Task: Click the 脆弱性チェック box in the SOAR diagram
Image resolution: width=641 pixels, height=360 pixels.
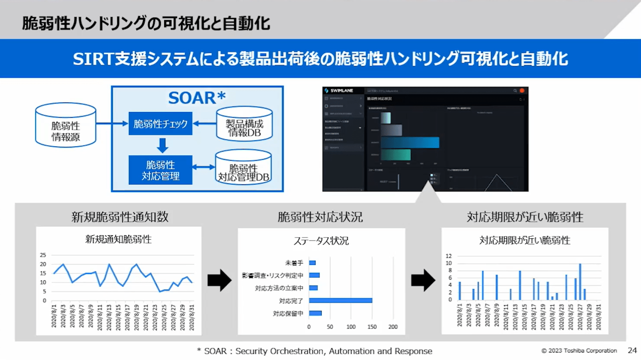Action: pyautogui.click(x=160, y=124)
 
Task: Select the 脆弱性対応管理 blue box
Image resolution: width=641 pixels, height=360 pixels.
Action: pyautogui.click(x=160, y=170)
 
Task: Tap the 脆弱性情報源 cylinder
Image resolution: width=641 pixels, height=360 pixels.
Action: pyautogui.click(x=66, y=126)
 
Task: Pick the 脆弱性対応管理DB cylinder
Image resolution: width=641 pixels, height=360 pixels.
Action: pyautogui.click(x=243, y=169)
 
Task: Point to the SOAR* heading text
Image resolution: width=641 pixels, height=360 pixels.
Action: pyautogui.click(x=197, y=98)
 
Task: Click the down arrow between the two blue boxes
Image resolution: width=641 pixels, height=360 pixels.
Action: pyautogui.click(x=162, y=145)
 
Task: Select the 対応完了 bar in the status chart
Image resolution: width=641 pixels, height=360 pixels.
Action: pyautogui.click(x=340, y=300)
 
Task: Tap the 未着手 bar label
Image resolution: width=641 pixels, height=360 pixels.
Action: pyautogui.click(x=294, y=263)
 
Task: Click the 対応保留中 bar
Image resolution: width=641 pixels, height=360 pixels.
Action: pyautogui.click(x=315, y=313)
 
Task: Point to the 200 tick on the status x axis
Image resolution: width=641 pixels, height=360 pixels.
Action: pyautogui.click(x=393, y=327)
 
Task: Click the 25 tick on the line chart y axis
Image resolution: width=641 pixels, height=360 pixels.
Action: pyautogui.click(x=43, y=255)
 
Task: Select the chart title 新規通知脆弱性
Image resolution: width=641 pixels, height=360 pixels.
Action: pyautogui.click(x=119, y=239)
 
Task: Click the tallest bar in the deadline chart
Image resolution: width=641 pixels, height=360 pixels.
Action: pyautogui.click(x=580, y=282)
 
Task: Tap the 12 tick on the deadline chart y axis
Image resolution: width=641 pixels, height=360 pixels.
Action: pyautogui.click(x=449, y=256)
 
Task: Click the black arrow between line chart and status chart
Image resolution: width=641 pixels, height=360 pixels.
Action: pyautogui.click(x=219, y=280)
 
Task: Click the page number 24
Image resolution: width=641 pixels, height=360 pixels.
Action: pyautogui.click(x=632, y=350)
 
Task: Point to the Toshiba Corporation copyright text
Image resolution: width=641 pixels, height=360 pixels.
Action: pyautogui.click(x=579, y=351)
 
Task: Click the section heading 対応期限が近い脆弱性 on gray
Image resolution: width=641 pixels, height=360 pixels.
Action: pyautogui.click(x=524, y=217)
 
